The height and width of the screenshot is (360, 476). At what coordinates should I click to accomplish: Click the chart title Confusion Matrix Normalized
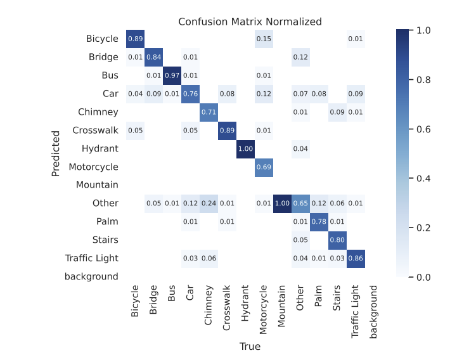coord(250,22)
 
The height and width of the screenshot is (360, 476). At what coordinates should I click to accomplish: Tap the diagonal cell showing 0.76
coord(191,94)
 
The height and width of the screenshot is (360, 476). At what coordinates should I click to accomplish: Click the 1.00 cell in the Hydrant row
coord(245,149)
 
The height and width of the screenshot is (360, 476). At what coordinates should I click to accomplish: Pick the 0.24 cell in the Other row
coord(209,203)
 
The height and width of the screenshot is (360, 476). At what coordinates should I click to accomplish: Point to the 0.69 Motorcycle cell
coord(264,167)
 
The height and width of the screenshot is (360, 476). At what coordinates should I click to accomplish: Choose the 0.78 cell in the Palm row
coord(318,222)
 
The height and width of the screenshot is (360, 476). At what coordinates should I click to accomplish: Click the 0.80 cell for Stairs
coord(337,240)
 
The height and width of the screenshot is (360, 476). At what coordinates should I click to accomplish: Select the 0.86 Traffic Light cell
coord(355,259)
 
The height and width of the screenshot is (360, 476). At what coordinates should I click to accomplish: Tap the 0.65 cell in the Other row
coord(300,203)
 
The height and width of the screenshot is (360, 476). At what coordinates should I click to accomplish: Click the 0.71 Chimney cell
coord(209,112)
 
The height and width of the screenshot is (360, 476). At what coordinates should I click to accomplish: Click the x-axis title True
coord(250,347)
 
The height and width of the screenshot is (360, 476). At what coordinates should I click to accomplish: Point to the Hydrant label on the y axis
coord(100,149)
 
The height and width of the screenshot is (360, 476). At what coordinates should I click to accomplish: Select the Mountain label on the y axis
coord(97,185)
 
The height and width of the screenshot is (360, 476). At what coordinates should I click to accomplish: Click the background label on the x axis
coord(373,312)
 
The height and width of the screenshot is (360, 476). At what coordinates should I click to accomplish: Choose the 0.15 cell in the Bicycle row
coord(264,39)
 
